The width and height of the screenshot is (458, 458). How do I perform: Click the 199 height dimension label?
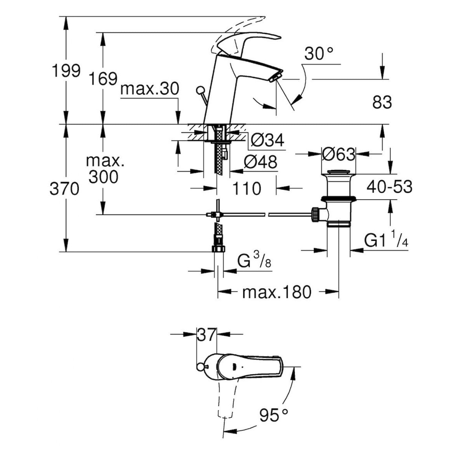tap(66, 71)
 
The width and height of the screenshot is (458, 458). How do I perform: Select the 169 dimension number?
tap(103, 79)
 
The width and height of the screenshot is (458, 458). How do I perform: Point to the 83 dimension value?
tap(382, 102)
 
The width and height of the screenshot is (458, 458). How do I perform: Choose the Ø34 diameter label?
tap(267, 140)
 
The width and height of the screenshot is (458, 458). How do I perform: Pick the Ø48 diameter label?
tap(260, 162)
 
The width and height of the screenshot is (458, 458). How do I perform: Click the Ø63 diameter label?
tap(339, 155)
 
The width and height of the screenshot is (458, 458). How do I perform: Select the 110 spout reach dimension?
tap(247, 188)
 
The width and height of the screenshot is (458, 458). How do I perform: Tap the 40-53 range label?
tap(389, 187)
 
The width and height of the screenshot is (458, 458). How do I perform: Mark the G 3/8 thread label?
tap(254, 262)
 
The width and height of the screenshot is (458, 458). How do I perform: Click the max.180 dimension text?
tap(277, 292)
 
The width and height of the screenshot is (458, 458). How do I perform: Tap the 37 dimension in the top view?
tap(207, 334)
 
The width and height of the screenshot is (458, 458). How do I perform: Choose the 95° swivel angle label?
tap(274, 415)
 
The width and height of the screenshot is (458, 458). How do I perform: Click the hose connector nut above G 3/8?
tap(218, 249)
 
